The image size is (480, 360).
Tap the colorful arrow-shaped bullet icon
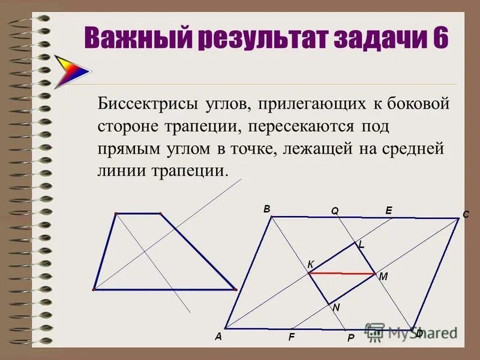point(71,71)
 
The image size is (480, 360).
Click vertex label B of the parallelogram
point(266,209)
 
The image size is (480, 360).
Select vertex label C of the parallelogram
point(465,215)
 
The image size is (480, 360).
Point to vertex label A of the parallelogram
point(218,337)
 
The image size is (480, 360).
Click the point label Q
point(335,211)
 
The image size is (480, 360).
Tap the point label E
point(388,210)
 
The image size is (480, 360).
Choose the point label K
point(310,265)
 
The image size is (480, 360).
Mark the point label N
point(336,307)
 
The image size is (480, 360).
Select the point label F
point(291,337)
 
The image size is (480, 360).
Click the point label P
point(351,338)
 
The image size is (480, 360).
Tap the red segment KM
point(342,273)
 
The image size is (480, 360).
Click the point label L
point(361,245)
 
